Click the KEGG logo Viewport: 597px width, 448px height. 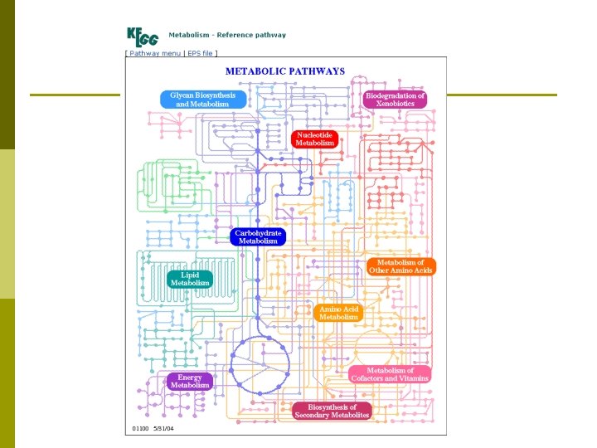coord(143,37)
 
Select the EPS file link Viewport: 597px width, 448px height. coord(201,53)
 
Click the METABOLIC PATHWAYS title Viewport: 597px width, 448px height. coord(285,71)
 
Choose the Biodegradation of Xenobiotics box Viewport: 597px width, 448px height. coord(396,100)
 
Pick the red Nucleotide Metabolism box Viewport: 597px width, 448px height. coord(314,139)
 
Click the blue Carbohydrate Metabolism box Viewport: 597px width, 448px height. coord(259,236)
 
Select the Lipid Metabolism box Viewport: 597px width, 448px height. coord(190,279)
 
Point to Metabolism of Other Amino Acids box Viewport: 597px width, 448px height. coord(400,266)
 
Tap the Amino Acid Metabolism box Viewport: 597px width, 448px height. coord(339,313)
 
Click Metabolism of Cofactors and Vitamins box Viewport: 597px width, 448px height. coord(390,374)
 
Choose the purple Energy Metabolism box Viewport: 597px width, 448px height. coord(190,382)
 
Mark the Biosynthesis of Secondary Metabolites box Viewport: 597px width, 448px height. coord(332,411)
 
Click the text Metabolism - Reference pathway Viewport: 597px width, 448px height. coord(227,35)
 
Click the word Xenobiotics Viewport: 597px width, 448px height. coord(396,105)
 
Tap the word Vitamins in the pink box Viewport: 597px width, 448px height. coord(412,378)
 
